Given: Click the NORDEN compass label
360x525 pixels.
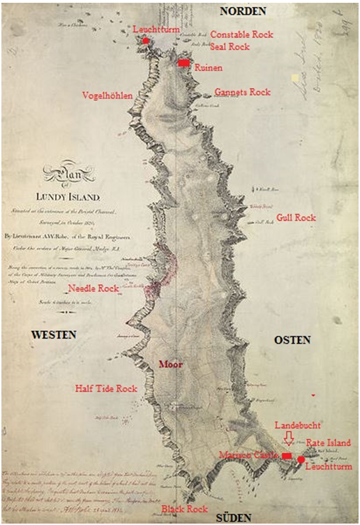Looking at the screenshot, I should point(242,10).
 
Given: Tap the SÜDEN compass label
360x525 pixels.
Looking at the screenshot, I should point(233,518).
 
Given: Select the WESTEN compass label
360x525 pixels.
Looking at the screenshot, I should point(53,335).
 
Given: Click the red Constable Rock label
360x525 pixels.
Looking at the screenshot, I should point(241,34).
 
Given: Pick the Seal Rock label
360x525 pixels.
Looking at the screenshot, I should point(230,47).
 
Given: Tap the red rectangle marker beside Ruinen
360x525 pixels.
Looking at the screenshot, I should point(183,63).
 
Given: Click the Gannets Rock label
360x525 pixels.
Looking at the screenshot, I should point(242,92).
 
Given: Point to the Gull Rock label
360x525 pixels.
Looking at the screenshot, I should point(296,218).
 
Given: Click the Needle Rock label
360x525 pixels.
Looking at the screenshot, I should point(93,288).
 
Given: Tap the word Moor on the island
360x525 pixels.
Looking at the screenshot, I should point(170,364).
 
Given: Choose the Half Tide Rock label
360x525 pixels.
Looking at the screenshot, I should point(106,388).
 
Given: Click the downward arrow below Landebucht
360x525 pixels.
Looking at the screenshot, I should point(288,438).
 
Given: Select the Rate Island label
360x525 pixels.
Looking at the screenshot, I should point(328,443).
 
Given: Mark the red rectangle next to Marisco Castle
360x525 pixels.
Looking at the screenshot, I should point(287,456).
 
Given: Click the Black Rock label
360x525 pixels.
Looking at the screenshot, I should point(183,510).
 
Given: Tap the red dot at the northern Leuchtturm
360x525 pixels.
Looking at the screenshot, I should point(146,40).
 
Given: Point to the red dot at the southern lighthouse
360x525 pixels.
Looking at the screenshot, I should point(301,459).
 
